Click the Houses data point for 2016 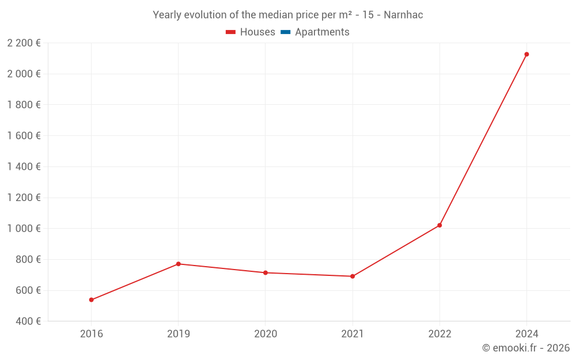coord(91,300)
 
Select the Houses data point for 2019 coord(179,264)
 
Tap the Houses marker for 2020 coord(266,272)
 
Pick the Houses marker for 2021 coord(353,276)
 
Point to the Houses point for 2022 coord(439,225)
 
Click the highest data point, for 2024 coord(526,54)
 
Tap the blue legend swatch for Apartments coord(285,32)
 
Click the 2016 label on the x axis coord(91,334)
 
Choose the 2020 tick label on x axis coord(266,334)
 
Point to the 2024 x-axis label coord(526,334)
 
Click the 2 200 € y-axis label coord(24,43)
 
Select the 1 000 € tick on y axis coord(24,229)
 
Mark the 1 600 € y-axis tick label coord(24,136)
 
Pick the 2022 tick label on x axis coord(439,334)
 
